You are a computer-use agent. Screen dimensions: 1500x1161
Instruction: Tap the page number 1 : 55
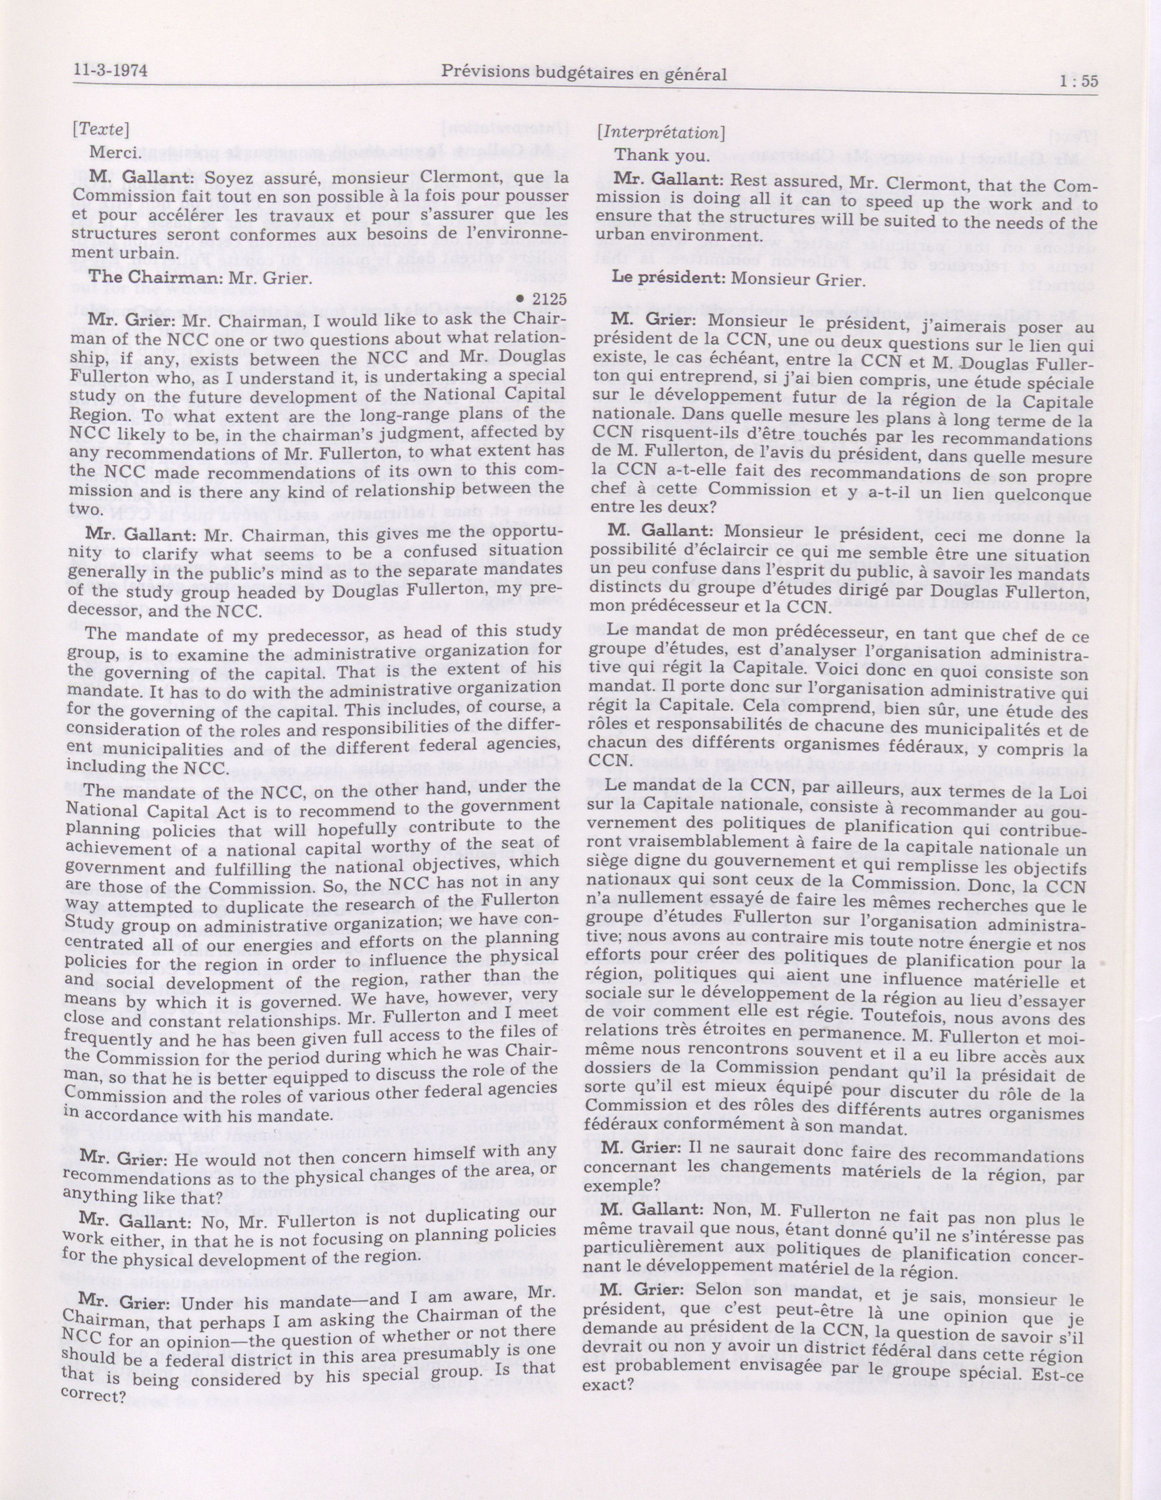click(x=1078, y=81)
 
